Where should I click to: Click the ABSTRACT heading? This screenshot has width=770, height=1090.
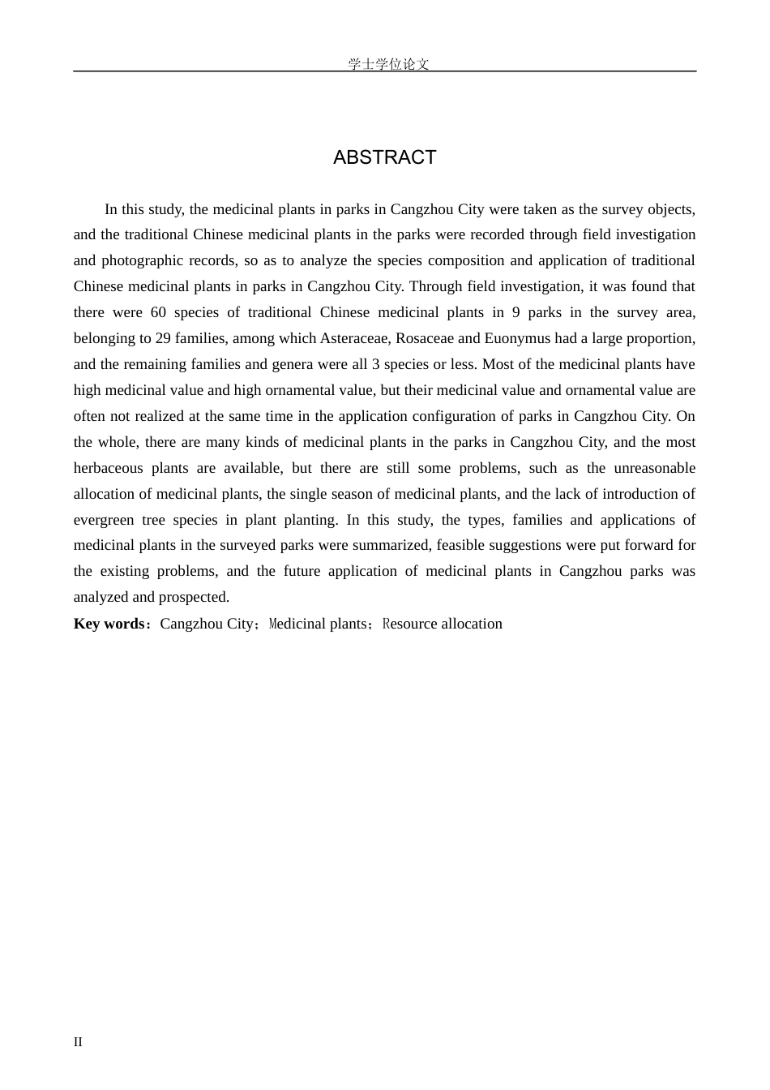tap(384, 157)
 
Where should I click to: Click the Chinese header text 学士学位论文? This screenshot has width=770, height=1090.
tap(388, 64)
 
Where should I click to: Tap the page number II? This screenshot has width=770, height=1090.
tap(78, 1042)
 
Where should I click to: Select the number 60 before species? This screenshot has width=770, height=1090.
tap(158, 312)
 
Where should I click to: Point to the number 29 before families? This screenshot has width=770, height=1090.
tap(163, 338)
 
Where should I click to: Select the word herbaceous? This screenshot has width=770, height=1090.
tap(109, 468)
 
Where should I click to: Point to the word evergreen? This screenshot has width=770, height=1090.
tap(105, 520)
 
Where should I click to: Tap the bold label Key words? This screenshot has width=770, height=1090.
tap(109, 624)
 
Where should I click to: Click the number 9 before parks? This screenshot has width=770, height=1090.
tap(516, 312)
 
